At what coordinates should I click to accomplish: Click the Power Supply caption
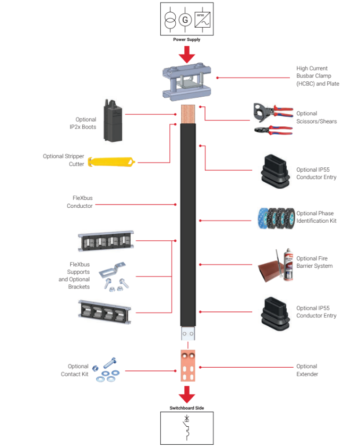pyautogui.click(x=186, y=39)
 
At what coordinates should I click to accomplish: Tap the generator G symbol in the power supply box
pyautogui.click(x=186, y=20)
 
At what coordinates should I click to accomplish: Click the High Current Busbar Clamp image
pyautogui.click(x=186, y=82)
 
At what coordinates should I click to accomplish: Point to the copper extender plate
pyautogui.click(x=186, y=365)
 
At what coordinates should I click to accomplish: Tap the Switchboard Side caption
pyautogui.click(x=186, y=408)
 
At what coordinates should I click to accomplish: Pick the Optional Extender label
pyautogui.click(x=307, y=370)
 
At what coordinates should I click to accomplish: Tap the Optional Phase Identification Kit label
pyautogui.click(x=316, y=217)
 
